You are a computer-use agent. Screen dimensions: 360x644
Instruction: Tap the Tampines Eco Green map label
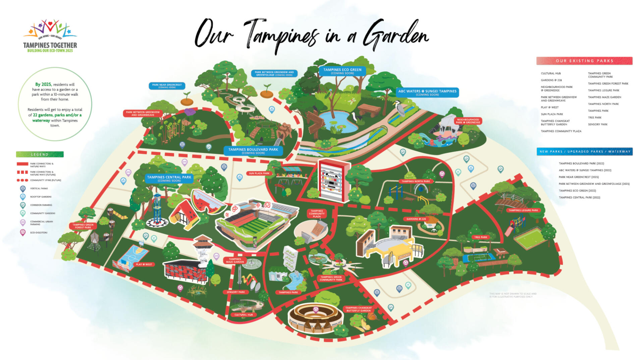tap(342, 71)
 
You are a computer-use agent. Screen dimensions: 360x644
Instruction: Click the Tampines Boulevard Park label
tap(253, 151)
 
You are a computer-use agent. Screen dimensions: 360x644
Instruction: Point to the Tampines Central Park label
tap(169, 178)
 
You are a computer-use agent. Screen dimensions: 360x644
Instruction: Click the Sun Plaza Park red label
tap(259, 173)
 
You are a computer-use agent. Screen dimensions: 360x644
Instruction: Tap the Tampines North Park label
tap(416, 181)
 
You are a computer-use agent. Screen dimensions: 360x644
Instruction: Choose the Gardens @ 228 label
tap(416, 219)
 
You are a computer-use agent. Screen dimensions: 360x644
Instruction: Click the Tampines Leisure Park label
tap(523, 210)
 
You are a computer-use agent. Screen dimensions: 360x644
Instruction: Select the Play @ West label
tap(144, 264)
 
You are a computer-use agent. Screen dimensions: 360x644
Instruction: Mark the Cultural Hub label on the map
tap(243, 315)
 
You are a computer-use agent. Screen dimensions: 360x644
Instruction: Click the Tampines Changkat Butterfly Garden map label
tap(358, 309)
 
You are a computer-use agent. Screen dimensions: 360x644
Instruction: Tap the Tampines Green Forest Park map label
tap(83, 226)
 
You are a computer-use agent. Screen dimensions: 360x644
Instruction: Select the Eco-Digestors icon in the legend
tap(23, 232)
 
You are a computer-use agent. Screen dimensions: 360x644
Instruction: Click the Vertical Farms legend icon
tap(23, 189)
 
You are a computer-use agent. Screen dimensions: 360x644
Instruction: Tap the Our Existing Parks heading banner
tap(584, 61)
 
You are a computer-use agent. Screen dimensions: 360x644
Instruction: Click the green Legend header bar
tap(40, 155)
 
